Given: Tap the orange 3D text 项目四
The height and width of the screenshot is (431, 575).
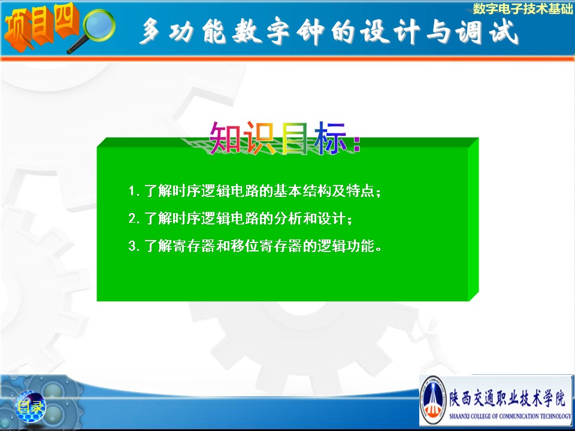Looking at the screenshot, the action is click(41, 26).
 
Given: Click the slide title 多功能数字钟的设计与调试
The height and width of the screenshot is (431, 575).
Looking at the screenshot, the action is click(329, 32).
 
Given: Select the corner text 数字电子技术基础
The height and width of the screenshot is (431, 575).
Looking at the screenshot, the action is click(522, 8).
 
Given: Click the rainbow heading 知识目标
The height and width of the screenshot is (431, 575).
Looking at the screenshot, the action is click(285, 138).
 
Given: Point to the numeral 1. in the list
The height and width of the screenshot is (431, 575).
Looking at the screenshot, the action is click(134, 192).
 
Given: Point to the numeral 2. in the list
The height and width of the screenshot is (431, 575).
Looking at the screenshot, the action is click(134, 219).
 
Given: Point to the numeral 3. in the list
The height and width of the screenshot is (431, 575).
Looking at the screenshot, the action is click(134, 246).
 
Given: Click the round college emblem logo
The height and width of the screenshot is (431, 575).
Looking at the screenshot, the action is click(433, 400).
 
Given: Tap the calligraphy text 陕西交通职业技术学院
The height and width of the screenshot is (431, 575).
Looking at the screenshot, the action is click(507, 397).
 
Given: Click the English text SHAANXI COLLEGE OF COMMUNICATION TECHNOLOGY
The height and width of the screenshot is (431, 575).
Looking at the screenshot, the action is click(510, 416).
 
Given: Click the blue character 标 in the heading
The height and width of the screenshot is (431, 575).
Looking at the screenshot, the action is click(329, 138).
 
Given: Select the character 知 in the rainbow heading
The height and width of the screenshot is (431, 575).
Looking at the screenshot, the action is click(225, 138).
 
